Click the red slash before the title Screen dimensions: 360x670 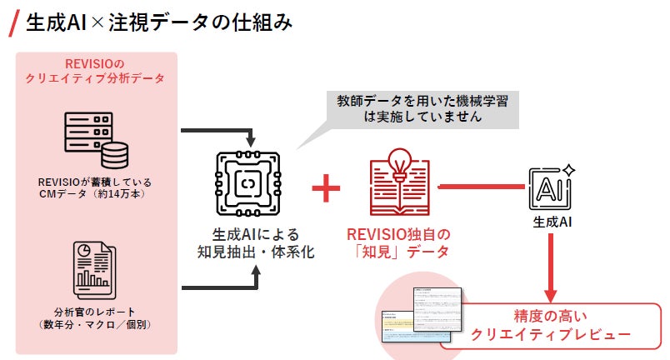[x=12, y=24]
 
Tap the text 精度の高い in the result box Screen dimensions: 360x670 [x=551, y=317]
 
